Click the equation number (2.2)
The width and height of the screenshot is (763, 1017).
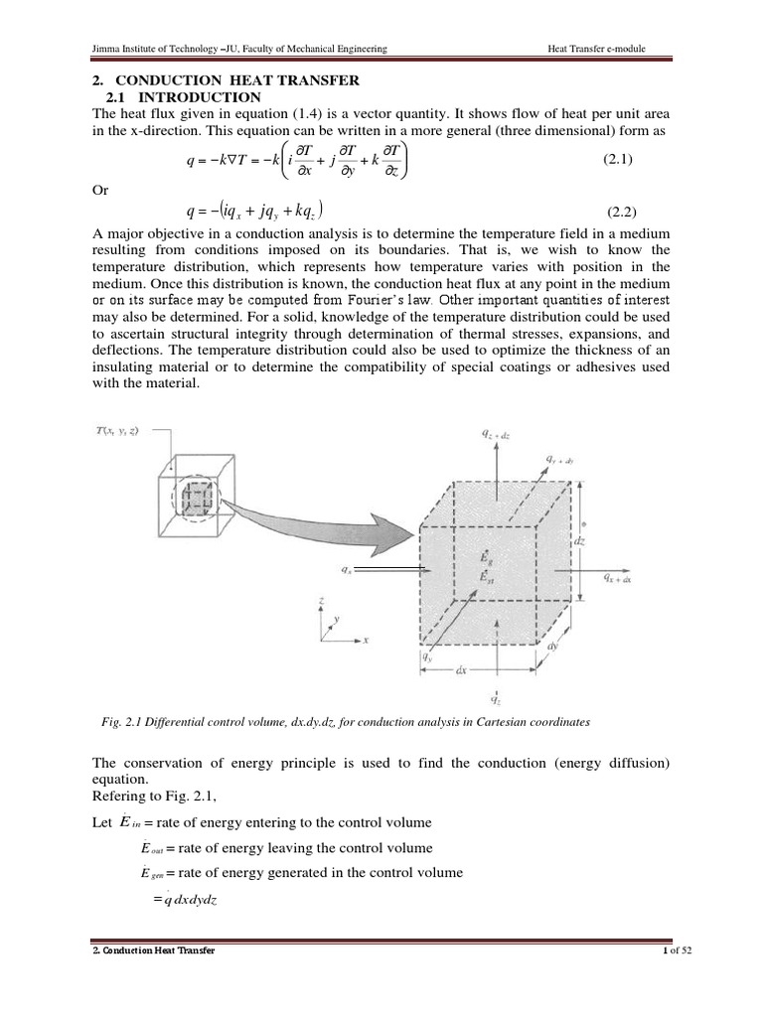[x=626, y=213]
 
